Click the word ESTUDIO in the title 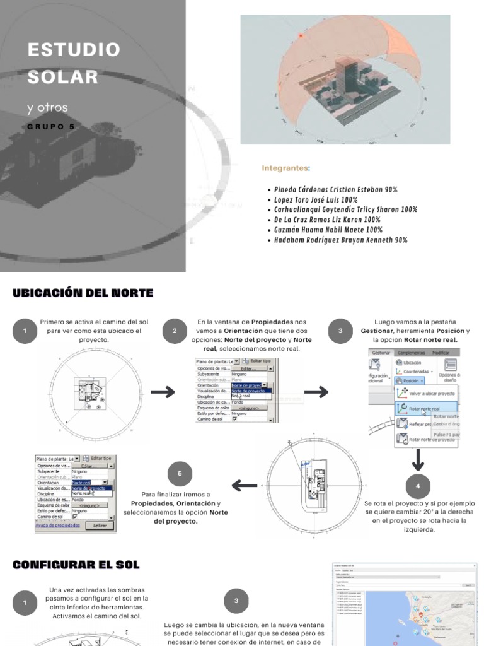coord(73,50)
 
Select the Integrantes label coord(285,168)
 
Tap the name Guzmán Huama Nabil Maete coord(320,230)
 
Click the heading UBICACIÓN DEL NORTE coord(83,293)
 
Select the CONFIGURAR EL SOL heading coord(76,565)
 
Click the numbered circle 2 coord(175,331)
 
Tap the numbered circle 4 coord(418,486)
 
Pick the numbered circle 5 coord(180,473)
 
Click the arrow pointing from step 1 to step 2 coord(163,392)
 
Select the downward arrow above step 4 coord(418,462)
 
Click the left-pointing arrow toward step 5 coord(245,486)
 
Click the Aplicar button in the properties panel coord(100,525)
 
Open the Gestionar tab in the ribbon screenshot coord(381,352)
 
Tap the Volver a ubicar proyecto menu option coord(431,393)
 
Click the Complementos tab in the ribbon coord(411,352)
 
